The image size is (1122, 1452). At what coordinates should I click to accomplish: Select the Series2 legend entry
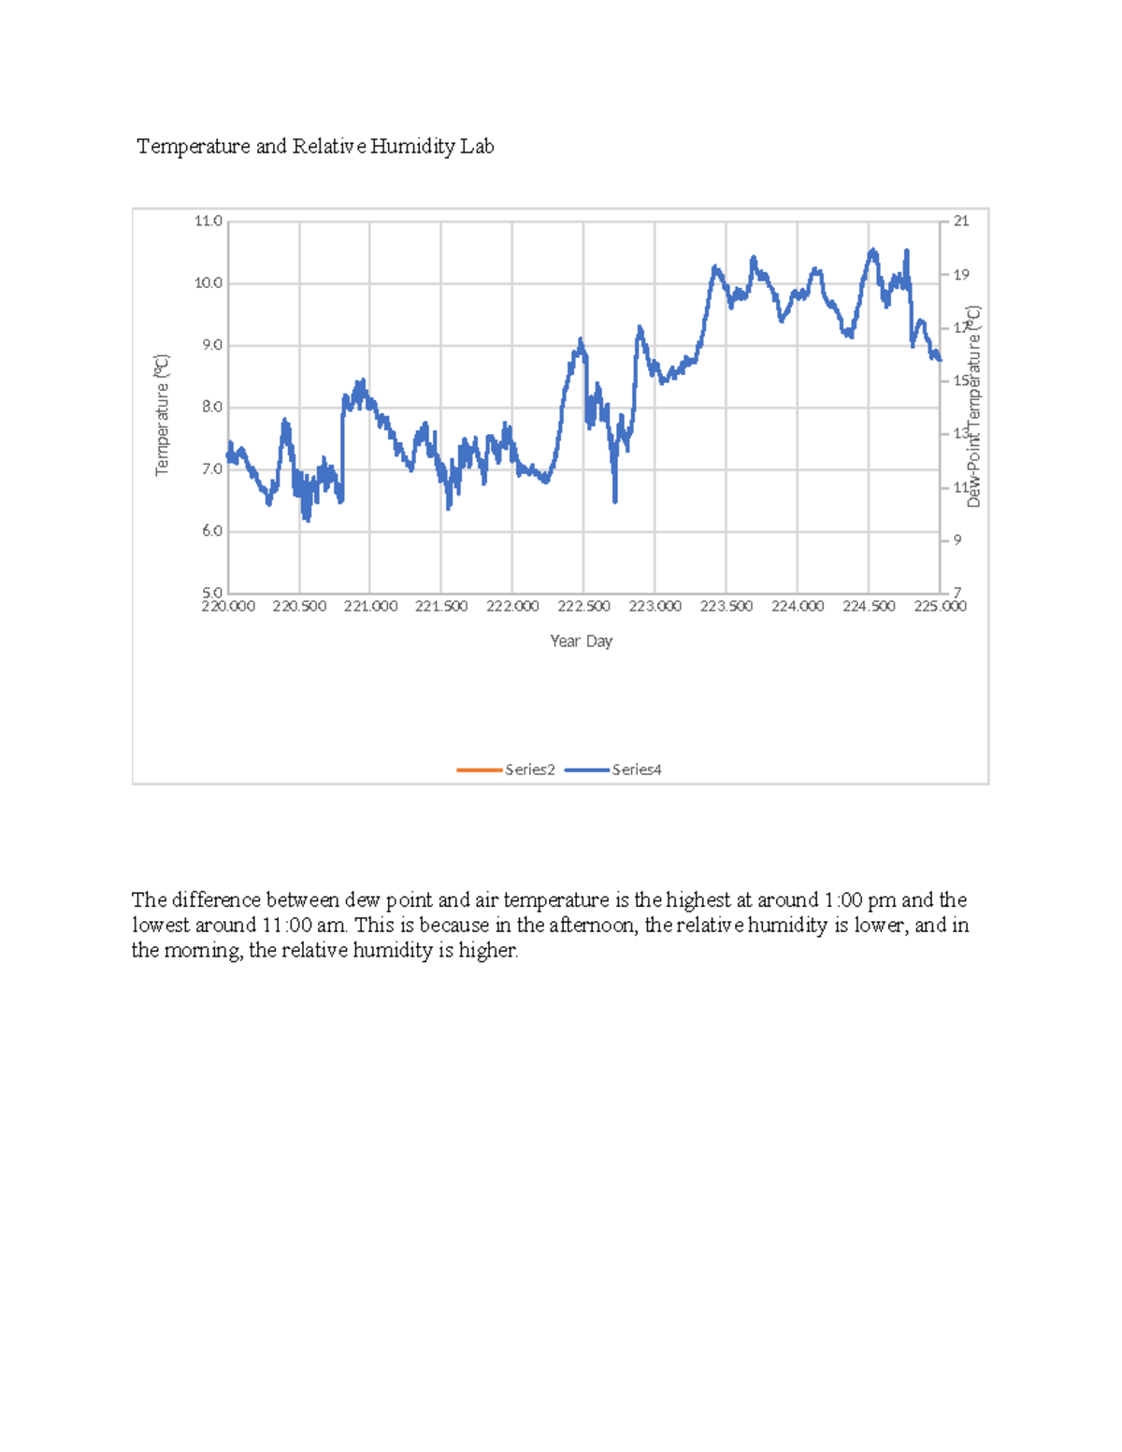pos(529,769)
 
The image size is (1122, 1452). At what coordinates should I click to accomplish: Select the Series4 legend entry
pos(636,769)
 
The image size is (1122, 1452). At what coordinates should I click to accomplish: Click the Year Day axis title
pos(581,641)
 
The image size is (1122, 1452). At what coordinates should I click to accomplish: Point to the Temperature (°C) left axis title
pos(162,415)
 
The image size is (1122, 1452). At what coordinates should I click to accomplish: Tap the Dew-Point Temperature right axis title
pos(974,407)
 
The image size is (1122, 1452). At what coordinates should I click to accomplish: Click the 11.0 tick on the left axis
pos(208,222)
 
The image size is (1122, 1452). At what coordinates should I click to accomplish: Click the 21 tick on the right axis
pos(961,222)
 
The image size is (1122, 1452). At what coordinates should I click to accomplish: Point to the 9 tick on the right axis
pos(957,540)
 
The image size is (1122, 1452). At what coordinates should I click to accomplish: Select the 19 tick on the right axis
pos(961,275)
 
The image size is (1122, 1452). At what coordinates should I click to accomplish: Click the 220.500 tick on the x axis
pos(299,607)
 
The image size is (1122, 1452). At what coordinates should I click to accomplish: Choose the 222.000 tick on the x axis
pos(512,607)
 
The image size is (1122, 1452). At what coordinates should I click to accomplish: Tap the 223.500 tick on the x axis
pos(726,607)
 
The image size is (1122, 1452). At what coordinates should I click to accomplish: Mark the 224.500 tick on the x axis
pos(869,607)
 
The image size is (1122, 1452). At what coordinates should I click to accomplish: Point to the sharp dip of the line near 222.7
pos(615,499)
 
